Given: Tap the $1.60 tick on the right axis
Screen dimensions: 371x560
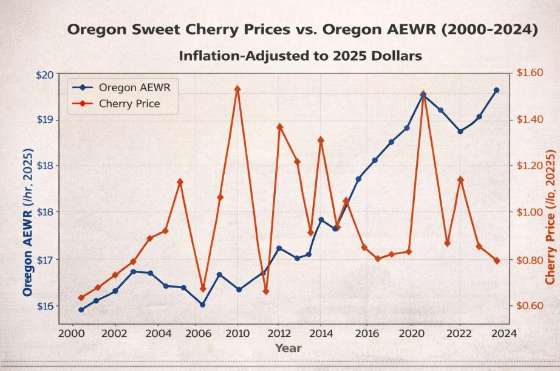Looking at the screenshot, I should coord(528,73).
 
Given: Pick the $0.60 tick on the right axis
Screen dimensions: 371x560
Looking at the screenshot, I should coord(528,305).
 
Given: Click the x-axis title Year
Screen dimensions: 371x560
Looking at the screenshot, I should coord(288,348).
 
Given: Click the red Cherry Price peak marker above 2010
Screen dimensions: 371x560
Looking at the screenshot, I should coord(237,89).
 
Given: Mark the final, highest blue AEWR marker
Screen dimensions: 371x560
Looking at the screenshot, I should coord(496,90).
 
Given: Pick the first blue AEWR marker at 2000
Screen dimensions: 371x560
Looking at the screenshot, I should coord(81,310).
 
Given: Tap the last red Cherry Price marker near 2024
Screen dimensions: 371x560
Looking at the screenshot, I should coord(497,260).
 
